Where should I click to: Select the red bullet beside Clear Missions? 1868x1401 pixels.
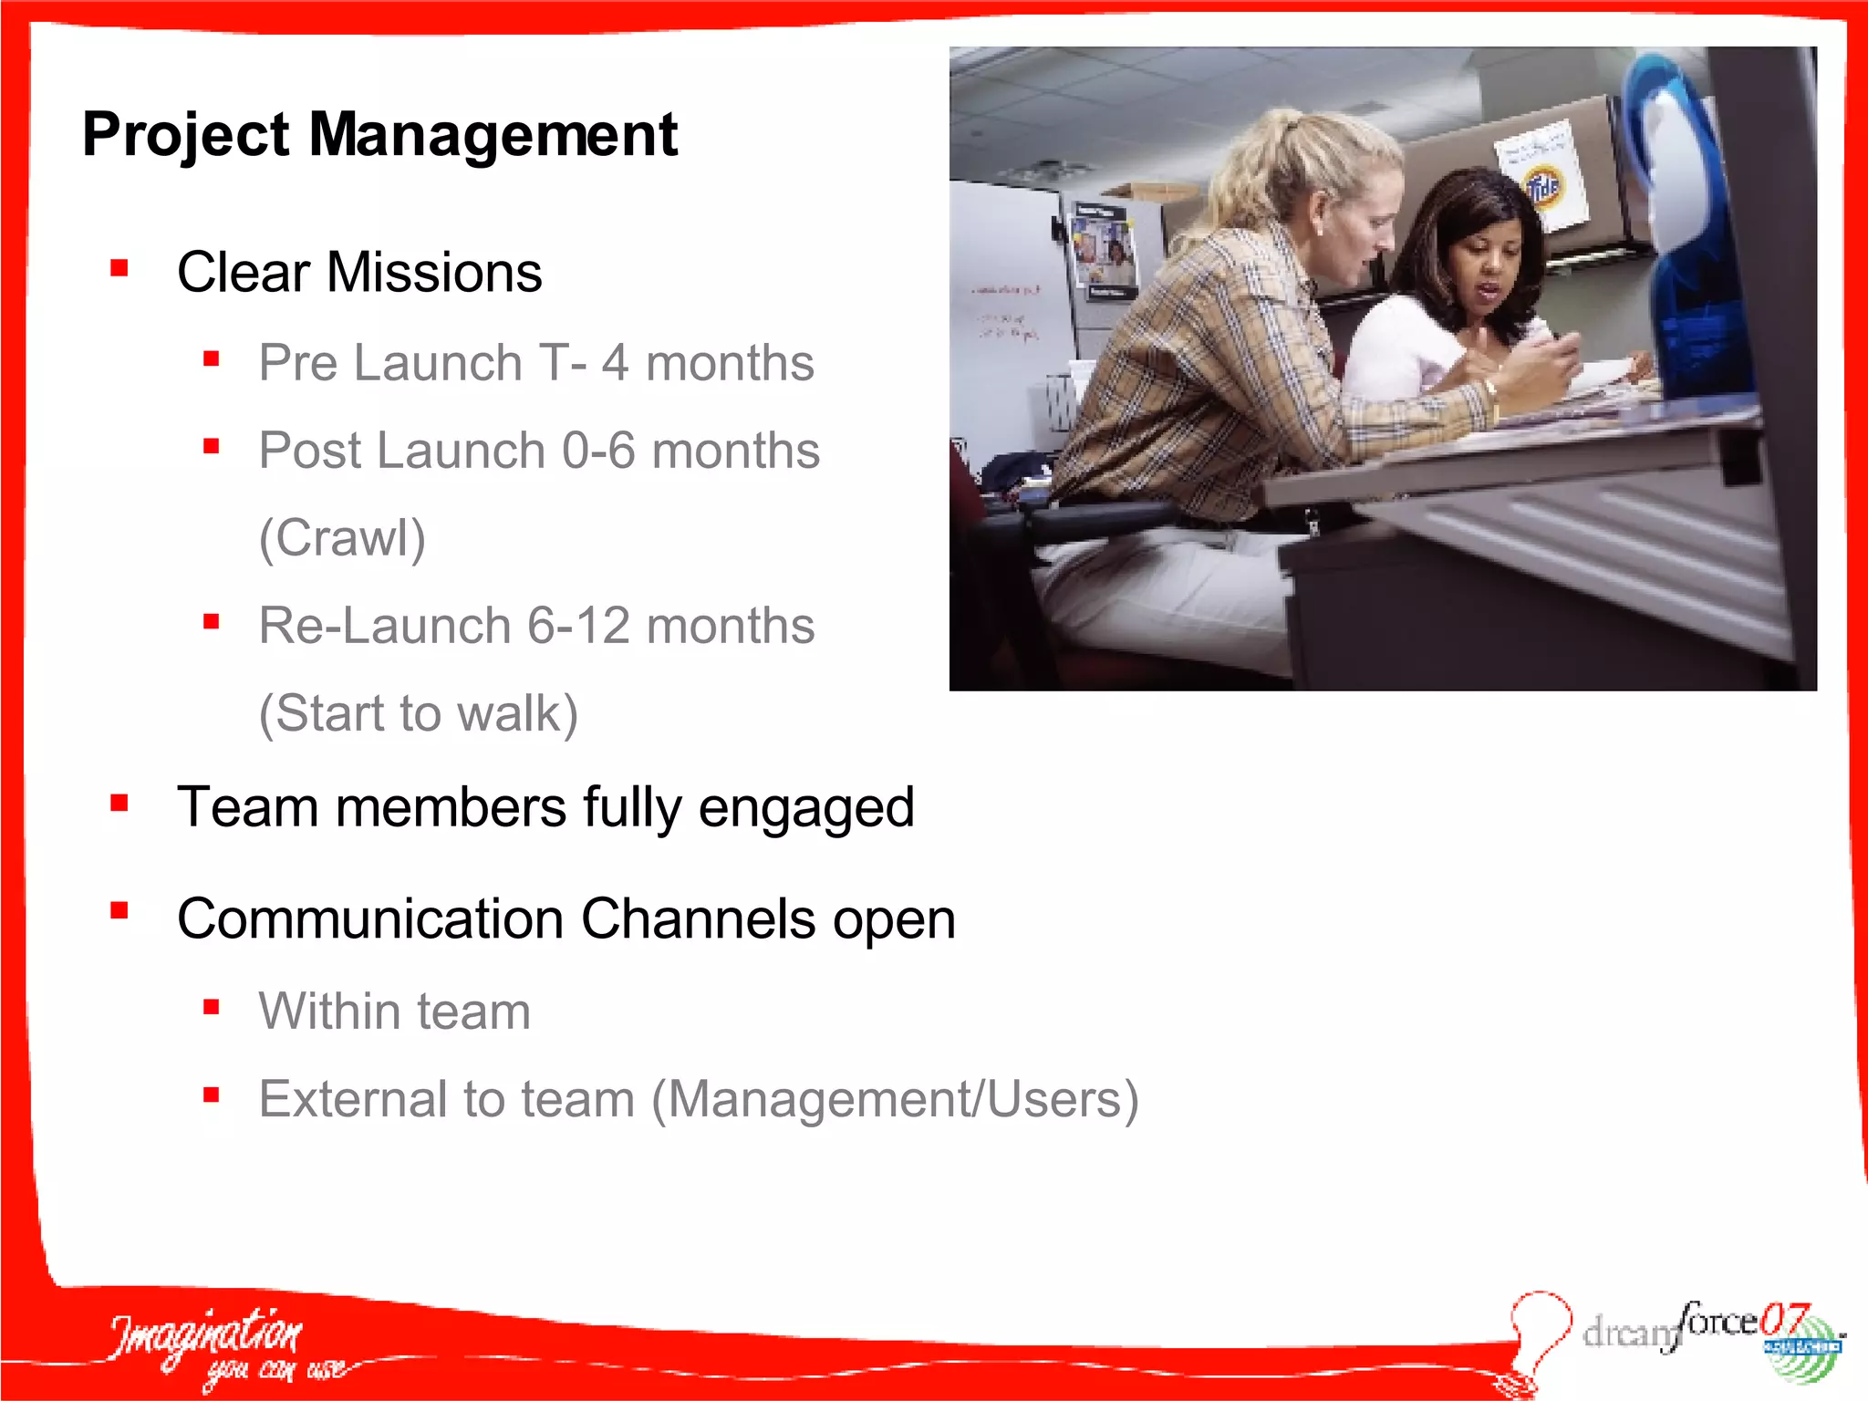point(119,268)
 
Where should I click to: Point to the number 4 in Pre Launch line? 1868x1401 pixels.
point(615,363)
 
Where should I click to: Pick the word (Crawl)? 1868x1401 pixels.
point(342,538)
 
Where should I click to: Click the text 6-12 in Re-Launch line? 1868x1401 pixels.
point(578,626)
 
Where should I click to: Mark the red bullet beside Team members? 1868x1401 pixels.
point(119,804)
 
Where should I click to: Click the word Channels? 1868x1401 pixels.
point(698,918)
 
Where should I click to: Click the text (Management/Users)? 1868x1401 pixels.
point(895,1099)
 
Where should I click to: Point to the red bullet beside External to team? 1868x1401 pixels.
point(212,1095)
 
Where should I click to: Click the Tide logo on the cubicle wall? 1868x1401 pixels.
point(1543,187)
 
